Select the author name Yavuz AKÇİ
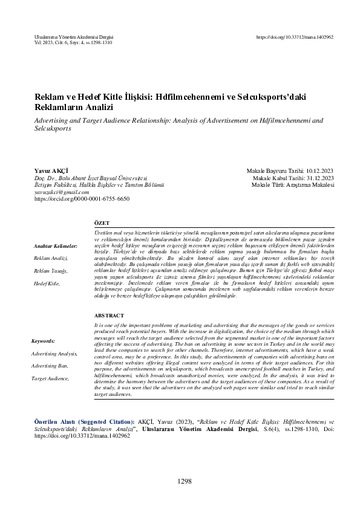point(51,172)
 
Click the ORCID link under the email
point(82,198)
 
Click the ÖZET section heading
point(102,223)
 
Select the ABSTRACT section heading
point(109,316)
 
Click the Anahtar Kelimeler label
point(56,247)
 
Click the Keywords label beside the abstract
point(43,341)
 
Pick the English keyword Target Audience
point(50,378)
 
